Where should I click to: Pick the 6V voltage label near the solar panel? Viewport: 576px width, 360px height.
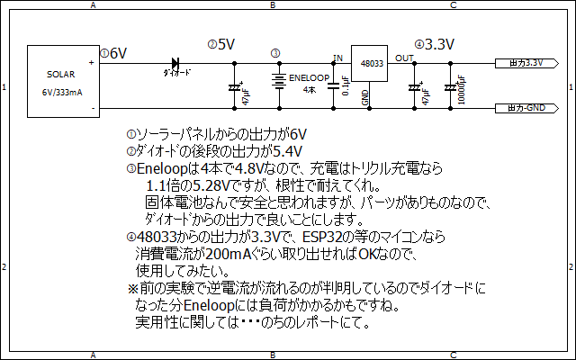pos(118,54)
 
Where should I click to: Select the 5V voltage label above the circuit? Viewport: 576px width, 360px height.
pos(226,44)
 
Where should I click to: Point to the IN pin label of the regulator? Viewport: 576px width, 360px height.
pos(338,58)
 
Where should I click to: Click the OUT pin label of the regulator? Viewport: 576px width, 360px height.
pos(404,58)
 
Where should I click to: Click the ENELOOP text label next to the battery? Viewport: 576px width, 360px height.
pos(310,79)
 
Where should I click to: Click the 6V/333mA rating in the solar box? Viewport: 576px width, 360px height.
pos(62,92)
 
